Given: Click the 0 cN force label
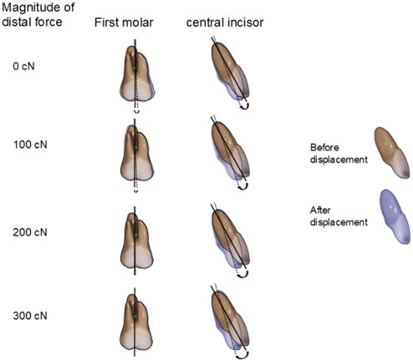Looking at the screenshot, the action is point(23,66).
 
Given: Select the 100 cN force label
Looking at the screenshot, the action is point(30,145).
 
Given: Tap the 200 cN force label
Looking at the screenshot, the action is point(30,232).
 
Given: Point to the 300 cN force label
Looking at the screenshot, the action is point(30,316).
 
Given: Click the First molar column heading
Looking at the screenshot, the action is point(124,23).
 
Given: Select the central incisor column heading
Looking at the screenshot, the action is point(225,23).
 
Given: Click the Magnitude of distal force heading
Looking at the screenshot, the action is point(38,15).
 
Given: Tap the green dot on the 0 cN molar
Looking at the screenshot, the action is point(135,68).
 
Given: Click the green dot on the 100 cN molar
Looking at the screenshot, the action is point(136,147).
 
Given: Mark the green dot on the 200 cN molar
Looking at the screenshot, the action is point(136,236).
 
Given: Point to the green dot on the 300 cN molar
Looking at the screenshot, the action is point(135,317).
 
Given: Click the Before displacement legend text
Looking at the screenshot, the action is point(339,154).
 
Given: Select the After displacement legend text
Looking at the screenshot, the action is point(339,216).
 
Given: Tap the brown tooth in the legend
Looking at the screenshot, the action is point(392,153).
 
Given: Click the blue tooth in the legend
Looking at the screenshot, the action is point(395,216).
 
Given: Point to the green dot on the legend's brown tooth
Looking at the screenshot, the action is point(386,144).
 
